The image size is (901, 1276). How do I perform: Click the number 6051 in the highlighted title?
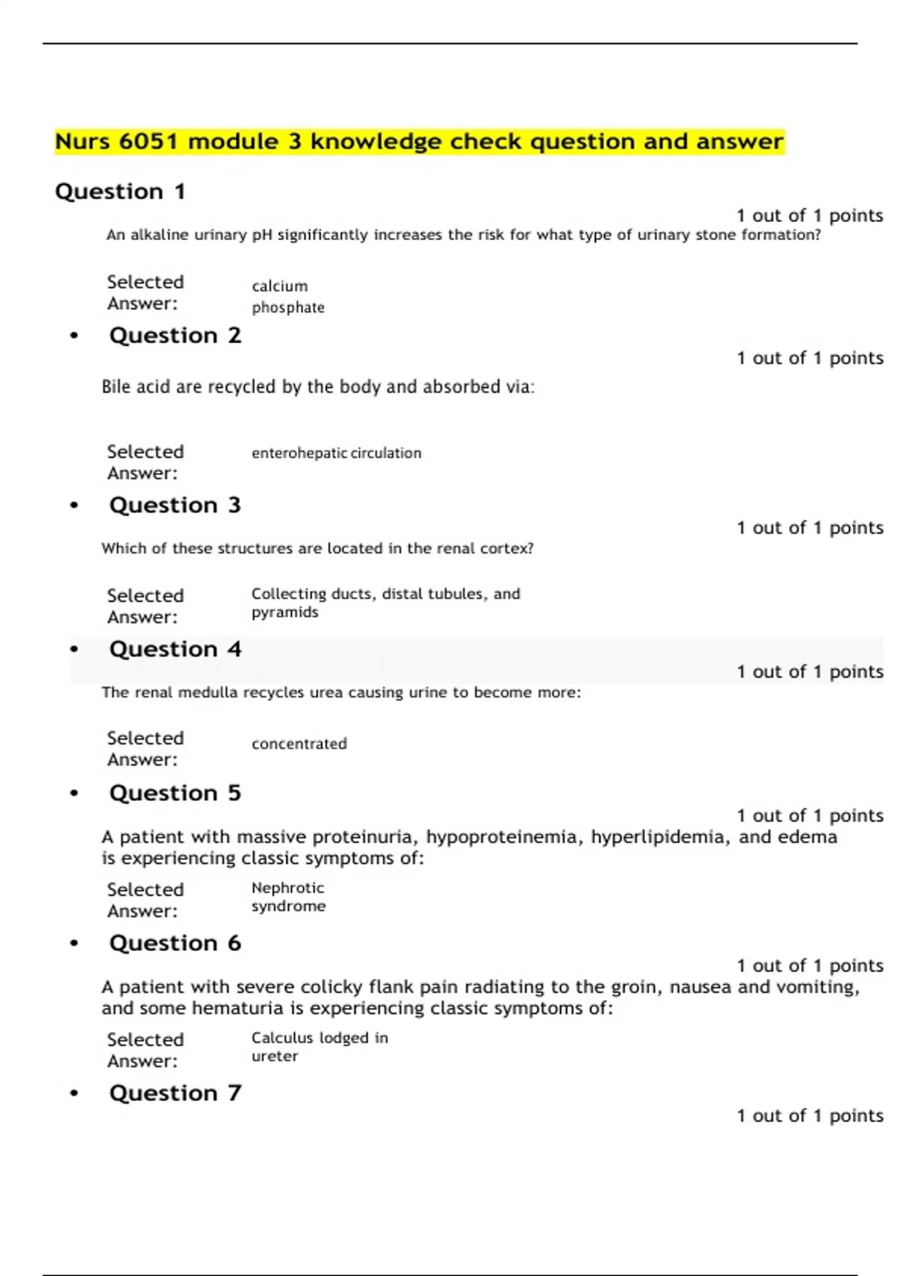pyautogui.click(x=148, y=141)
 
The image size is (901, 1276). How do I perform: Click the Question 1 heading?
pyautogui.click(x=120, y=192)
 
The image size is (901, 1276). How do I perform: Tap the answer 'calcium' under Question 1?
pyautogui.click(x=279, y=286)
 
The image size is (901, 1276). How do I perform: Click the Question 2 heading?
pyautogui.click(x=175, y=336)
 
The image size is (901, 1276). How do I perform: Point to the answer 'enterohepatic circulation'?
pyautogui.click(x=336, y=453)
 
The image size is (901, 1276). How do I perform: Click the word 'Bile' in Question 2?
pyautogui.click(x=116, y=387)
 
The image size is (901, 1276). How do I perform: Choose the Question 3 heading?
pyautogui.click(x=175, y=505)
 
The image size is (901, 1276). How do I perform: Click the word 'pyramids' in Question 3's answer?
pyautogui.click(x=285, y=612)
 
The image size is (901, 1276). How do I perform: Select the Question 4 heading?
pyautogui.click(x=175, y=649)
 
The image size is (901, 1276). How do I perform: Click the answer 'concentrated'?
pyautogui.click(x=299, y=744)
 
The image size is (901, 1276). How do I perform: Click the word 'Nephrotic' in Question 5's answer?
pyautogui.click(x=288, y=888)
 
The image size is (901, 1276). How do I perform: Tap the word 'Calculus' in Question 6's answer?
pyautogui.click(x=282, y=1038)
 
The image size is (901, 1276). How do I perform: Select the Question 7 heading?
pyautogui.click(x=175, y=1094)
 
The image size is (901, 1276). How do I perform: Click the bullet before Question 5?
pyautogui.click(x=74, y=793)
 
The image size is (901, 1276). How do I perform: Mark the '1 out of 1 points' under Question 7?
pyautogui.click(x=809, y=1116)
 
